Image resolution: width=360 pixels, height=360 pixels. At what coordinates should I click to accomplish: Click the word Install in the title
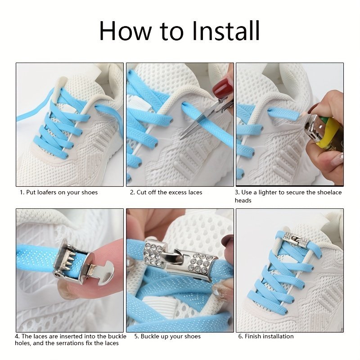pos(226,31)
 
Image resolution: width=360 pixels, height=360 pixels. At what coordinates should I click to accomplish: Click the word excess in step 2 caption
pos(175,193)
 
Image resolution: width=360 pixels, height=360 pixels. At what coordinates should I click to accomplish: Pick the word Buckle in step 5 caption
pos(151,336)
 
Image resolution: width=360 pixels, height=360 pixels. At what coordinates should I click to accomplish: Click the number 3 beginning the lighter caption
pos(237,193)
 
